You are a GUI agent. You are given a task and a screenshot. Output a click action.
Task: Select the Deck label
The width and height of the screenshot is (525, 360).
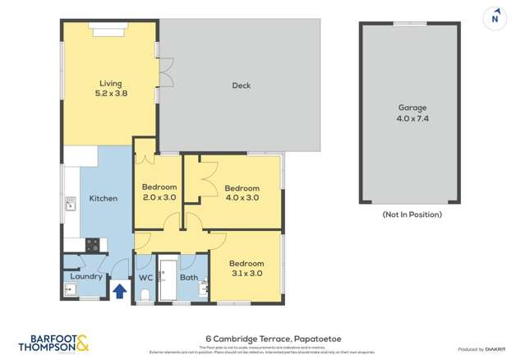(x=241, y=85)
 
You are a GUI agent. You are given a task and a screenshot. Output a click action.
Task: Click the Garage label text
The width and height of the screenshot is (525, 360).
(x=412, y=108)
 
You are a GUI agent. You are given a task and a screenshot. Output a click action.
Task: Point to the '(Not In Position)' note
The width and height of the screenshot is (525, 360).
(x=412, y=215)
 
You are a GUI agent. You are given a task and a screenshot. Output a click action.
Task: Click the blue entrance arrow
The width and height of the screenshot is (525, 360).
(x=119, y=290)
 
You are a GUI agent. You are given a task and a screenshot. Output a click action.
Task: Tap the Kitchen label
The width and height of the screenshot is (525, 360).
(x=104, y=198)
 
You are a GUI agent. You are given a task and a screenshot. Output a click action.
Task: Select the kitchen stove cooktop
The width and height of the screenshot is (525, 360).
(x=92, y=244)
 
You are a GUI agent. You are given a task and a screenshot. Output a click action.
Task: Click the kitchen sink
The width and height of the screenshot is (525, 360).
(x=71, y=203)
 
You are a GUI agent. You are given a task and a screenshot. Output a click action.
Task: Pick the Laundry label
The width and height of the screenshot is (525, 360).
(x=86, y=276)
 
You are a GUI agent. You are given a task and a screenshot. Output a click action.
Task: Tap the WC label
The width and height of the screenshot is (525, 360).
(x=145, y=278)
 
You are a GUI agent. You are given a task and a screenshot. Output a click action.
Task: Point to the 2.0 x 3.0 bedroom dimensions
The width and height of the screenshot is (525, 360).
(x=159, y=197)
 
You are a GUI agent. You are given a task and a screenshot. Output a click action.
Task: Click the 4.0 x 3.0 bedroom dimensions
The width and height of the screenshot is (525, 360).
(x=242, y=197)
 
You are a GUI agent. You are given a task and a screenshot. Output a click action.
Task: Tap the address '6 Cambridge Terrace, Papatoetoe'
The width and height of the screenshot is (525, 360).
(x=262, y=338)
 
